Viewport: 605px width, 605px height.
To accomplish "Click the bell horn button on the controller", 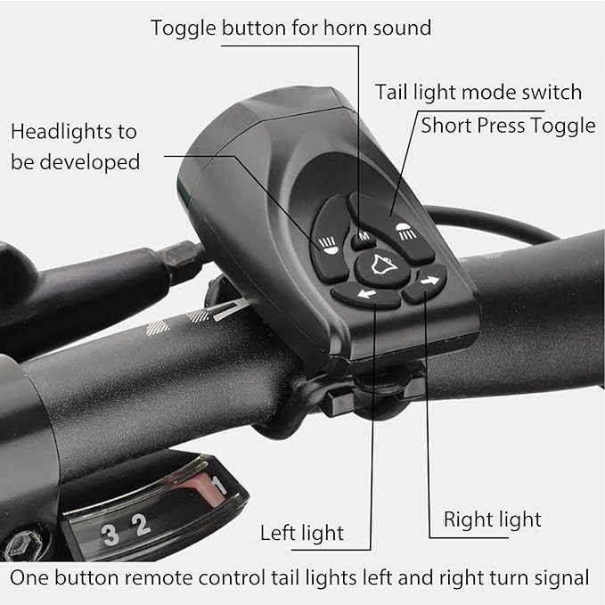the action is [x=383, y=267].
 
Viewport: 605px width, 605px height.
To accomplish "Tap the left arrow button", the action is [x=366, y=295].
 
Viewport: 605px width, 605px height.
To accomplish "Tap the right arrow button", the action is [x=425, y=282].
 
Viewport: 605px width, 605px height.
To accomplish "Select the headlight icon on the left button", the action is [x=328, y=246].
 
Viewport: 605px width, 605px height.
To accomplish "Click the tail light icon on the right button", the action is [x=406, y=232].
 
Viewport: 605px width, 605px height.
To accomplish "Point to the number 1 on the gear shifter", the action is [x=217, y=486].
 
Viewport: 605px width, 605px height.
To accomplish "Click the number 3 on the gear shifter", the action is [x=110, y=535].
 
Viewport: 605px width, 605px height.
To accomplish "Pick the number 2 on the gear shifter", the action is [x=141, y=524].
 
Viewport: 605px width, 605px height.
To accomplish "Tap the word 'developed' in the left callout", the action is [x=89, y=161].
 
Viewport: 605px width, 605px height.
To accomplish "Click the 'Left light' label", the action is [x=302, y=533].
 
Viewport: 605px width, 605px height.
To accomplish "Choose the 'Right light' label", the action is [x=493, y=519].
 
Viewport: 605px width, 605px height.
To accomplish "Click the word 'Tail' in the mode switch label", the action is [x=391, y=92].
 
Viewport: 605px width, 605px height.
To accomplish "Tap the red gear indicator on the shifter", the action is [x=205, y=489].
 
